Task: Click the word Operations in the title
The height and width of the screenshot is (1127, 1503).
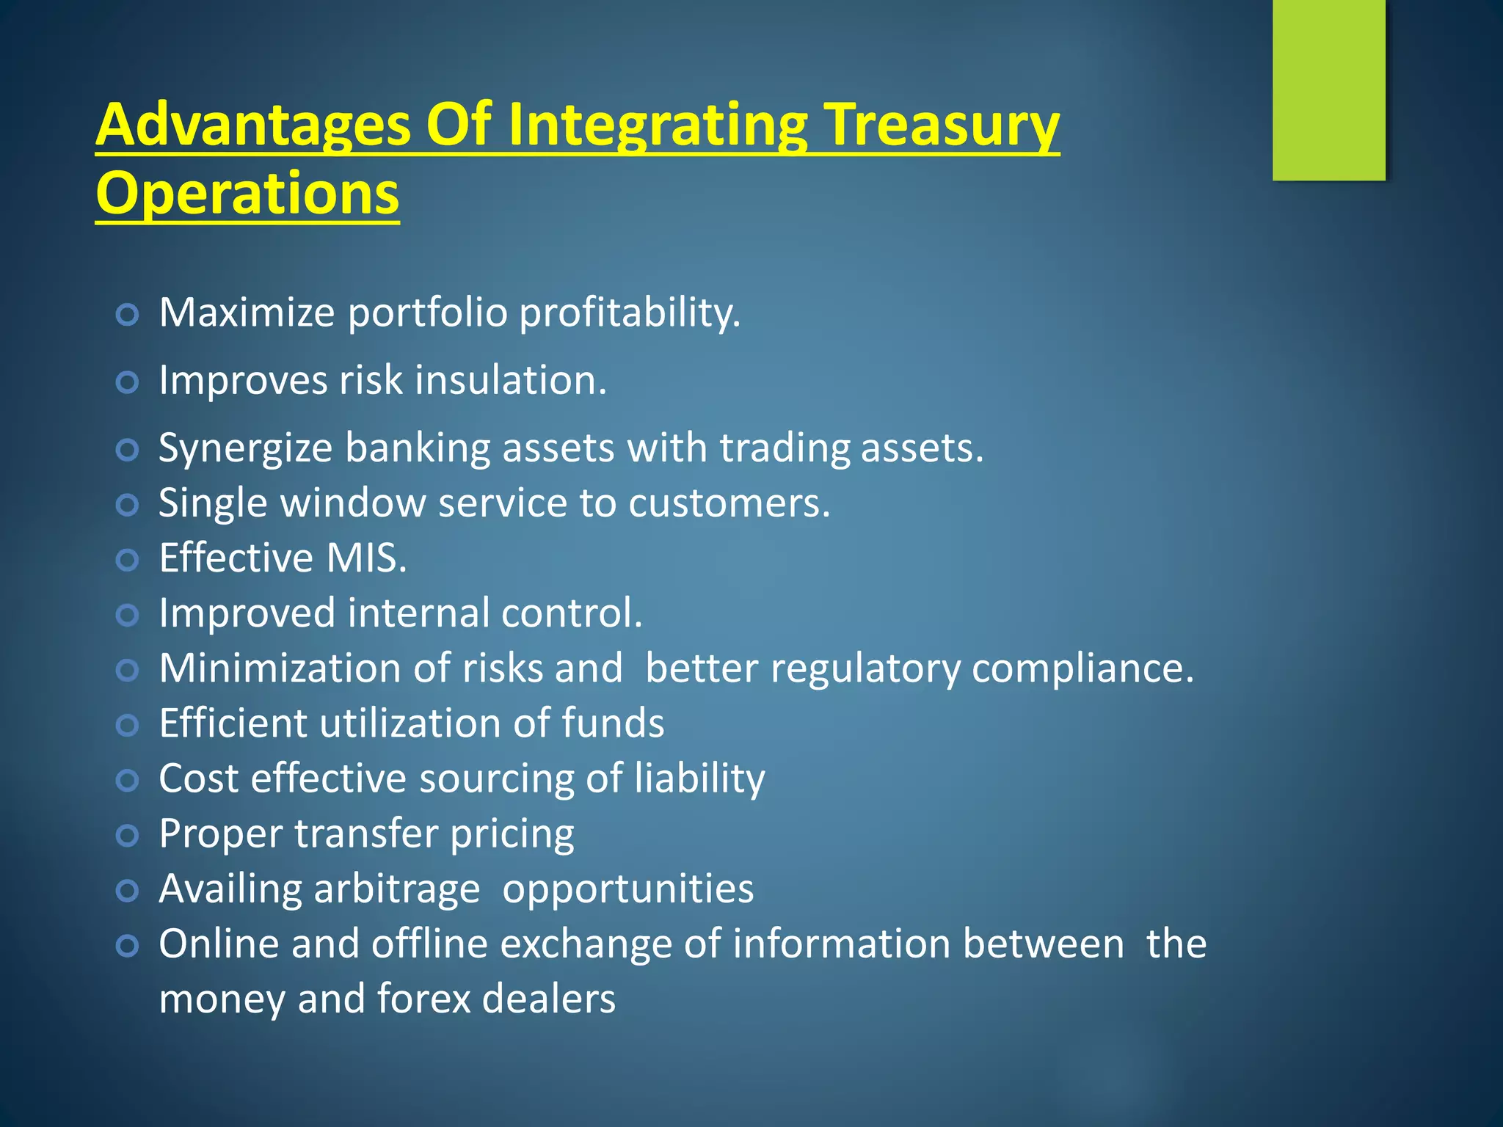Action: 247,194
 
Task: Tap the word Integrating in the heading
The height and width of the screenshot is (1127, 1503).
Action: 657,126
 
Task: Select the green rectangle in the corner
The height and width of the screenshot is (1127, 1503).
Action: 1328,90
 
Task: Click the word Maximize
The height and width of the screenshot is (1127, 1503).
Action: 247,313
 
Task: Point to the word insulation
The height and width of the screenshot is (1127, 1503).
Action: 511,381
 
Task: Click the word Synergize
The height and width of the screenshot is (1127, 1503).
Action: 245,448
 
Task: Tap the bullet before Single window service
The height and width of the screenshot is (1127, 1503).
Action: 127,505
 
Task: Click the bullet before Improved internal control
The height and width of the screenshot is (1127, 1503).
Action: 127,615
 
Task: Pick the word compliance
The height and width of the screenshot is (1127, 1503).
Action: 1082,669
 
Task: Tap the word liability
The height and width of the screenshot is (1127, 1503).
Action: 699,778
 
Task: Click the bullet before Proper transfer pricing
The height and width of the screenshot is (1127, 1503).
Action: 127,835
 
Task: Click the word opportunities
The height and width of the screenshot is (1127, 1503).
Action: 627,889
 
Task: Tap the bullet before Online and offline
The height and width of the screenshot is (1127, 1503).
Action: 127,946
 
